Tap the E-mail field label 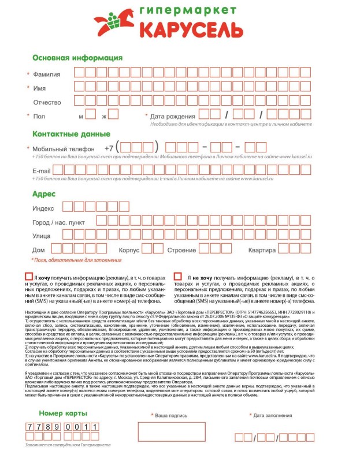coord(42,172)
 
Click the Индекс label coord(43,208)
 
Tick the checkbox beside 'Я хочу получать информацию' coord(29,277)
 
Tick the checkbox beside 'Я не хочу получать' coord(177,277)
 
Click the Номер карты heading coord(62,414)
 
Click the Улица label coord(42,236)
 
